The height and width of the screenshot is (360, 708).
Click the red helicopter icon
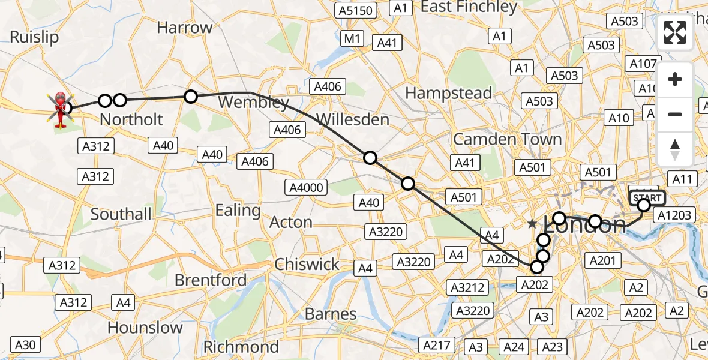61,109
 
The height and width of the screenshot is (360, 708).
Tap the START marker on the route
647,197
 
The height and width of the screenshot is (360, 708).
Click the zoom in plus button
675,80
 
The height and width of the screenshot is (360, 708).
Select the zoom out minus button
675,114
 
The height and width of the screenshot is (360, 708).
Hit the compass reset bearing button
675,149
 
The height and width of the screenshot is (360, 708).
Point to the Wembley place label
254,102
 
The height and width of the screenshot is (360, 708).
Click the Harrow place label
185,28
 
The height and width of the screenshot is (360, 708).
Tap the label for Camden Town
508,139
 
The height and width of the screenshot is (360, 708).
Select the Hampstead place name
449,93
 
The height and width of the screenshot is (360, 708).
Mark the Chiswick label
307,264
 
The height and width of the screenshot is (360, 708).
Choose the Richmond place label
241,347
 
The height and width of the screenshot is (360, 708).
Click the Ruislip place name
34,37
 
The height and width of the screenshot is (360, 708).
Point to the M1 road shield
352,39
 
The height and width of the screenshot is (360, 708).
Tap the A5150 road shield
356,10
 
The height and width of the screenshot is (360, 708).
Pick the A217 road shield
437,345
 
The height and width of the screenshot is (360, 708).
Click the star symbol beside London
532,224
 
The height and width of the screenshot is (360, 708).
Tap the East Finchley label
469,7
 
